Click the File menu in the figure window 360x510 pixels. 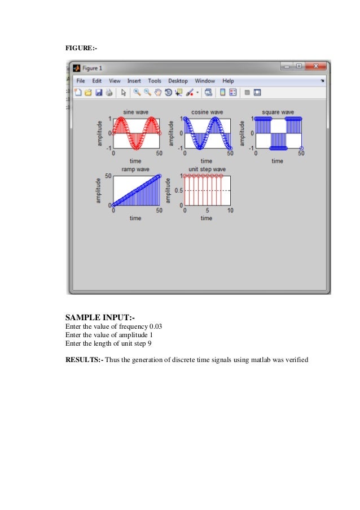click(80, 81)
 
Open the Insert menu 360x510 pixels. click(134, 81)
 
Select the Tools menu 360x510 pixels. click(155, 81)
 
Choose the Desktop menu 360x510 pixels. click(178, 81)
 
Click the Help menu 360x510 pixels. click(228, 81)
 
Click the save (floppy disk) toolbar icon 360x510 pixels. click(98, 92)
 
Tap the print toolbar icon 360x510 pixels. click(109, 92)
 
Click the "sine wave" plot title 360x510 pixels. click(136, 112)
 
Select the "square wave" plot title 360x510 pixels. click(278, 112)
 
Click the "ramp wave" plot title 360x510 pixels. click(135, 169)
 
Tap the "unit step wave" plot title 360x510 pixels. click(207, 169)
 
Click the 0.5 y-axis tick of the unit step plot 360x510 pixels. click(178, 190)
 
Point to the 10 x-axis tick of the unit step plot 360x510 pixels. click(230, 211)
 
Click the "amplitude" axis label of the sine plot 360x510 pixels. click(100, 133)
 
